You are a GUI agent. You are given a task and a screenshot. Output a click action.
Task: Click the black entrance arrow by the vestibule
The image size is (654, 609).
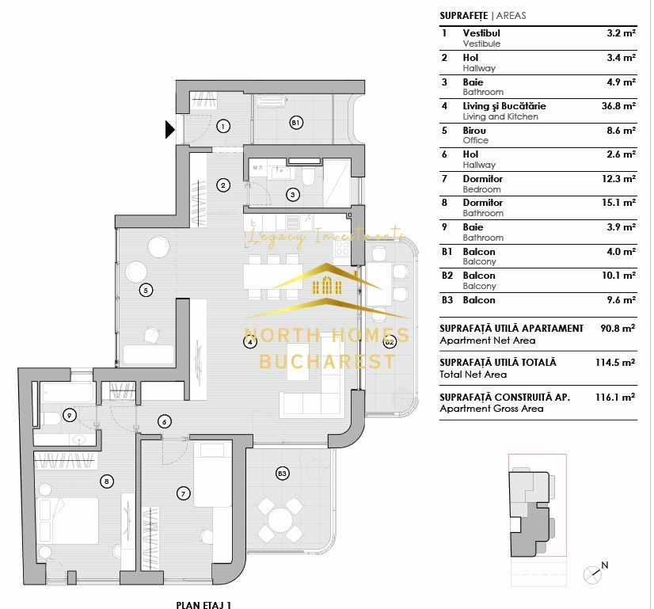coord(169,128)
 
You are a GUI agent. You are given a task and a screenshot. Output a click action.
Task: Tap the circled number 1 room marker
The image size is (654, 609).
coord(223,126)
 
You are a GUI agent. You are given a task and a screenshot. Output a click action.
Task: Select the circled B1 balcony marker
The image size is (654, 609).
coord(295,123)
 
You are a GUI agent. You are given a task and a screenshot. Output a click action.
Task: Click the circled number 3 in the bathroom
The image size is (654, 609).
coord(292,194)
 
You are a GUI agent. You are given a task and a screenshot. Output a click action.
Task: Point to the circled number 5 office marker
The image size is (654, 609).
coord(145,290)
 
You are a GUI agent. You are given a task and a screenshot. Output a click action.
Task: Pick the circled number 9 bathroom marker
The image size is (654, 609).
coord(70,414)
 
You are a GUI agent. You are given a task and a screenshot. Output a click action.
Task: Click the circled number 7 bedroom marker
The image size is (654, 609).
coord(183,493)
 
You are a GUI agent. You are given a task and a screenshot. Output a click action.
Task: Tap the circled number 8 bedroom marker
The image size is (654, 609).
coord(106,480)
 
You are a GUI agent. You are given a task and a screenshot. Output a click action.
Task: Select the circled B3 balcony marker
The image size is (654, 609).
coord(282,474)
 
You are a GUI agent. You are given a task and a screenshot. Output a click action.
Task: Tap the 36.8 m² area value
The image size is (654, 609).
coord(619,106)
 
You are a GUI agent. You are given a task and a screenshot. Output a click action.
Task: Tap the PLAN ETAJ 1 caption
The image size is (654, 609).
coord(204,604)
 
